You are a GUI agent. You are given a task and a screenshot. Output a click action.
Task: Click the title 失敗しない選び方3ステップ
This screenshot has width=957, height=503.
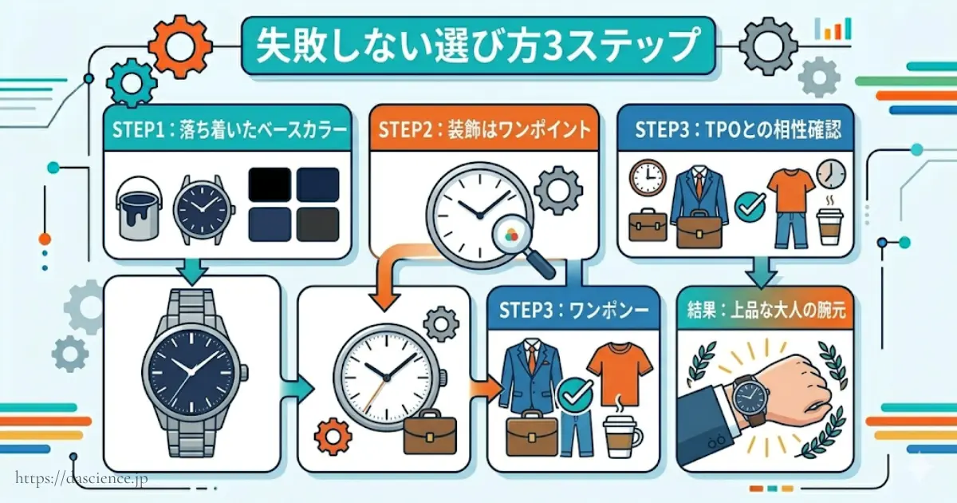point(476,46)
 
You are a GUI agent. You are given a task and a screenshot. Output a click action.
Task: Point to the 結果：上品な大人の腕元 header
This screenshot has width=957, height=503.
point(764,309)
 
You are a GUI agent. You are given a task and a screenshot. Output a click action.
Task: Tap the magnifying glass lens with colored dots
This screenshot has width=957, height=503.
point(510,236)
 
